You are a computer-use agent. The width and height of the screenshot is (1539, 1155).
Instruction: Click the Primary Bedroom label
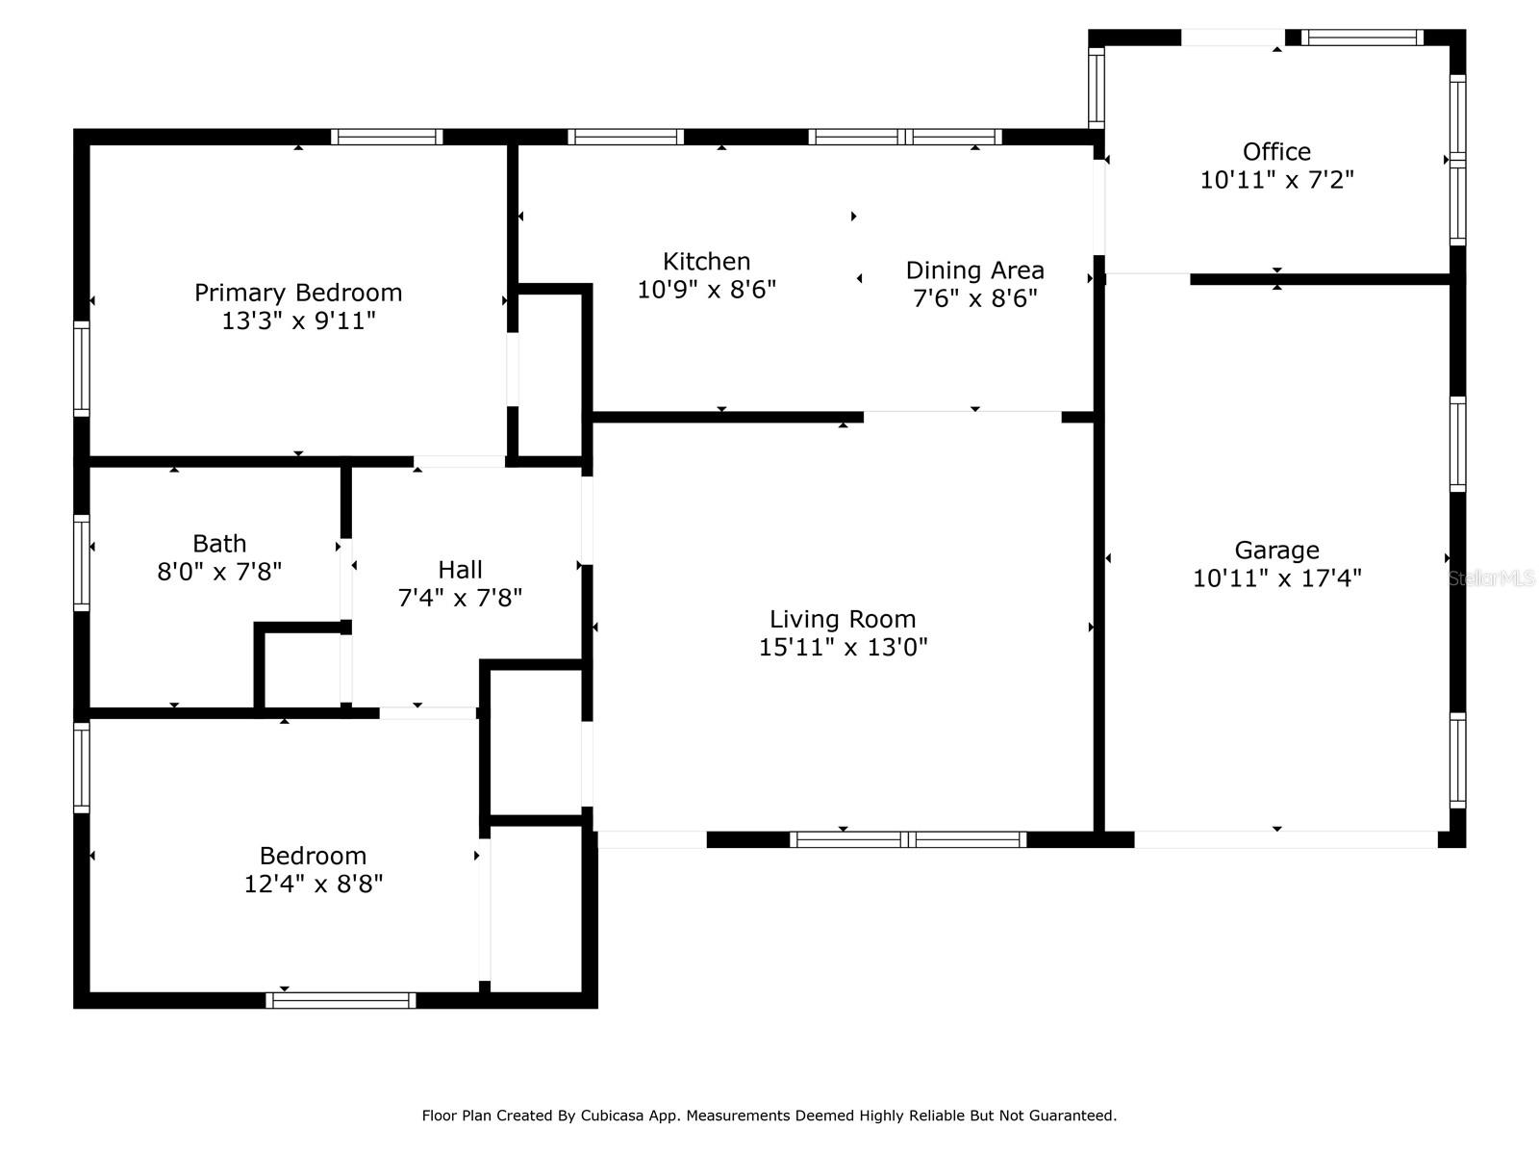[x=298, y=293]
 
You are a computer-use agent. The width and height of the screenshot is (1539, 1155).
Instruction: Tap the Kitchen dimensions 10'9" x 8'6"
[x=706, y=290]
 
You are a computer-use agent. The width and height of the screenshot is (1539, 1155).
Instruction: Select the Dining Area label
[x=974, y=270]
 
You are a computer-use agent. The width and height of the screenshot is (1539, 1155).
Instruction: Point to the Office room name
[x=1276, y=151]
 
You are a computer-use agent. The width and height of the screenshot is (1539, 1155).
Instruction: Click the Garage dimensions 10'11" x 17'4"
[x=1276, y=578]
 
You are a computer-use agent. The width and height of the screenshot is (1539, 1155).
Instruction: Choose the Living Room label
[x=843, y=619]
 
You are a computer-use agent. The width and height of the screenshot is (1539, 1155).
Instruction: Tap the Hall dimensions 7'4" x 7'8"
[x=460, y=598]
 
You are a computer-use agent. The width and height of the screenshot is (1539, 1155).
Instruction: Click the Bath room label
[x=219, y=544]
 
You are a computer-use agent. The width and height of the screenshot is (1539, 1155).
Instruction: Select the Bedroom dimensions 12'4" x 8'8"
[x=313, y=885]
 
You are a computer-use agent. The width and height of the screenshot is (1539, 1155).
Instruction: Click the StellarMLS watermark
[x=1491, y=577]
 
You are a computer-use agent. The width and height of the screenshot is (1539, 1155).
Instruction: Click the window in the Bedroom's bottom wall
[x=341, y=1000]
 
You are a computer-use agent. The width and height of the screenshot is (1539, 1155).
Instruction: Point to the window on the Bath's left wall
[x=82, y=562]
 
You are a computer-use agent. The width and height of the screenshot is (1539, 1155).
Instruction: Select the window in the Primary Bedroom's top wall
[x=387, y=137]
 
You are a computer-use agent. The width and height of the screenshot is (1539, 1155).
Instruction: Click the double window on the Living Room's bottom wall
[x=908, y=839]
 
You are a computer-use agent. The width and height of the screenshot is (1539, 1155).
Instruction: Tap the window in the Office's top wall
[x=1362, y=38]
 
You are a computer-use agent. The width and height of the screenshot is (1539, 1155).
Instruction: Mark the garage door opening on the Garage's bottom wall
[x=1286, y=839]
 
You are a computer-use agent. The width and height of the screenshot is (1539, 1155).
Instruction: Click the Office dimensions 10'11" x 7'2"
[x=1276, y=180]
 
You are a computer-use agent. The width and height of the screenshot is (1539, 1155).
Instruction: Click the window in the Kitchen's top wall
[x=625, y=137]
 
